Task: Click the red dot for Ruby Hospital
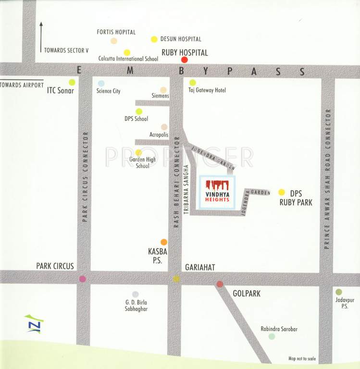click(184, 60)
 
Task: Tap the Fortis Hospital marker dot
click(114, 41)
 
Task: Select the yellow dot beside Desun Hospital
click(154, 39)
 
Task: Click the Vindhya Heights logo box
click(217, 191)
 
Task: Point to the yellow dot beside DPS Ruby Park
click(282, 192)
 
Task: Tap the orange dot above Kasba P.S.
click(164, 242)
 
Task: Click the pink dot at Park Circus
click(83, 279)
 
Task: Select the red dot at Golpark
click(220, 284)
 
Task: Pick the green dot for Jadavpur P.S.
click(339, 292)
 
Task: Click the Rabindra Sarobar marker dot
click(272, 337)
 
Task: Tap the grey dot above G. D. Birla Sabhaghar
click(136, 294)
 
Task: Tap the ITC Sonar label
click(60, 90)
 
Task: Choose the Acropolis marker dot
click(164, 127)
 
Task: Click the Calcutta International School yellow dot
click(127, 52)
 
